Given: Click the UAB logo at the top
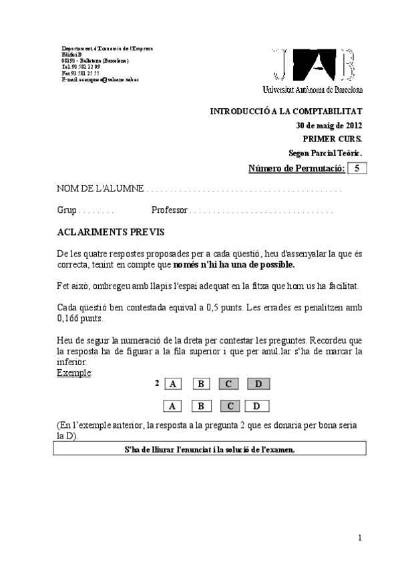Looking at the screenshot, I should [314, 65].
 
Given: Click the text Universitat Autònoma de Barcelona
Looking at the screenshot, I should [313, 89].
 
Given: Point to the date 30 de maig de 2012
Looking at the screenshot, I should [329, 125].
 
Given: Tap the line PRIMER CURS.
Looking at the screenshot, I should [333, 139].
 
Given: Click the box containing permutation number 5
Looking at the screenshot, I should [357, 168].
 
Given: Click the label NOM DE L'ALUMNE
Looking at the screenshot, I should [99, 190].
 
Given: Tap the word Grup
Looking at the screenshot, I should [67, 211].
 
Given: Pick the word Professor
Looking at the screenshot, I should [169, 211].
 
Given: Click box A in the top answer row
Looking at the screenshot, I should [172, 384].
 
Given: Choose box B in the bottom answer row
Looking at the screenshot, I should [200, 406].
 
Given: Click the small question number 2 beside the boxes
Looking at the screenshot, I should [157, 382].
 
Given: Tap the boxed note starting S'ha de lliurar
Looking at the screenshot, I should [210, 449].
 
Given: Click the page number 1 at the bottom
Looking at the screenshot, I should [359, 538].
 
